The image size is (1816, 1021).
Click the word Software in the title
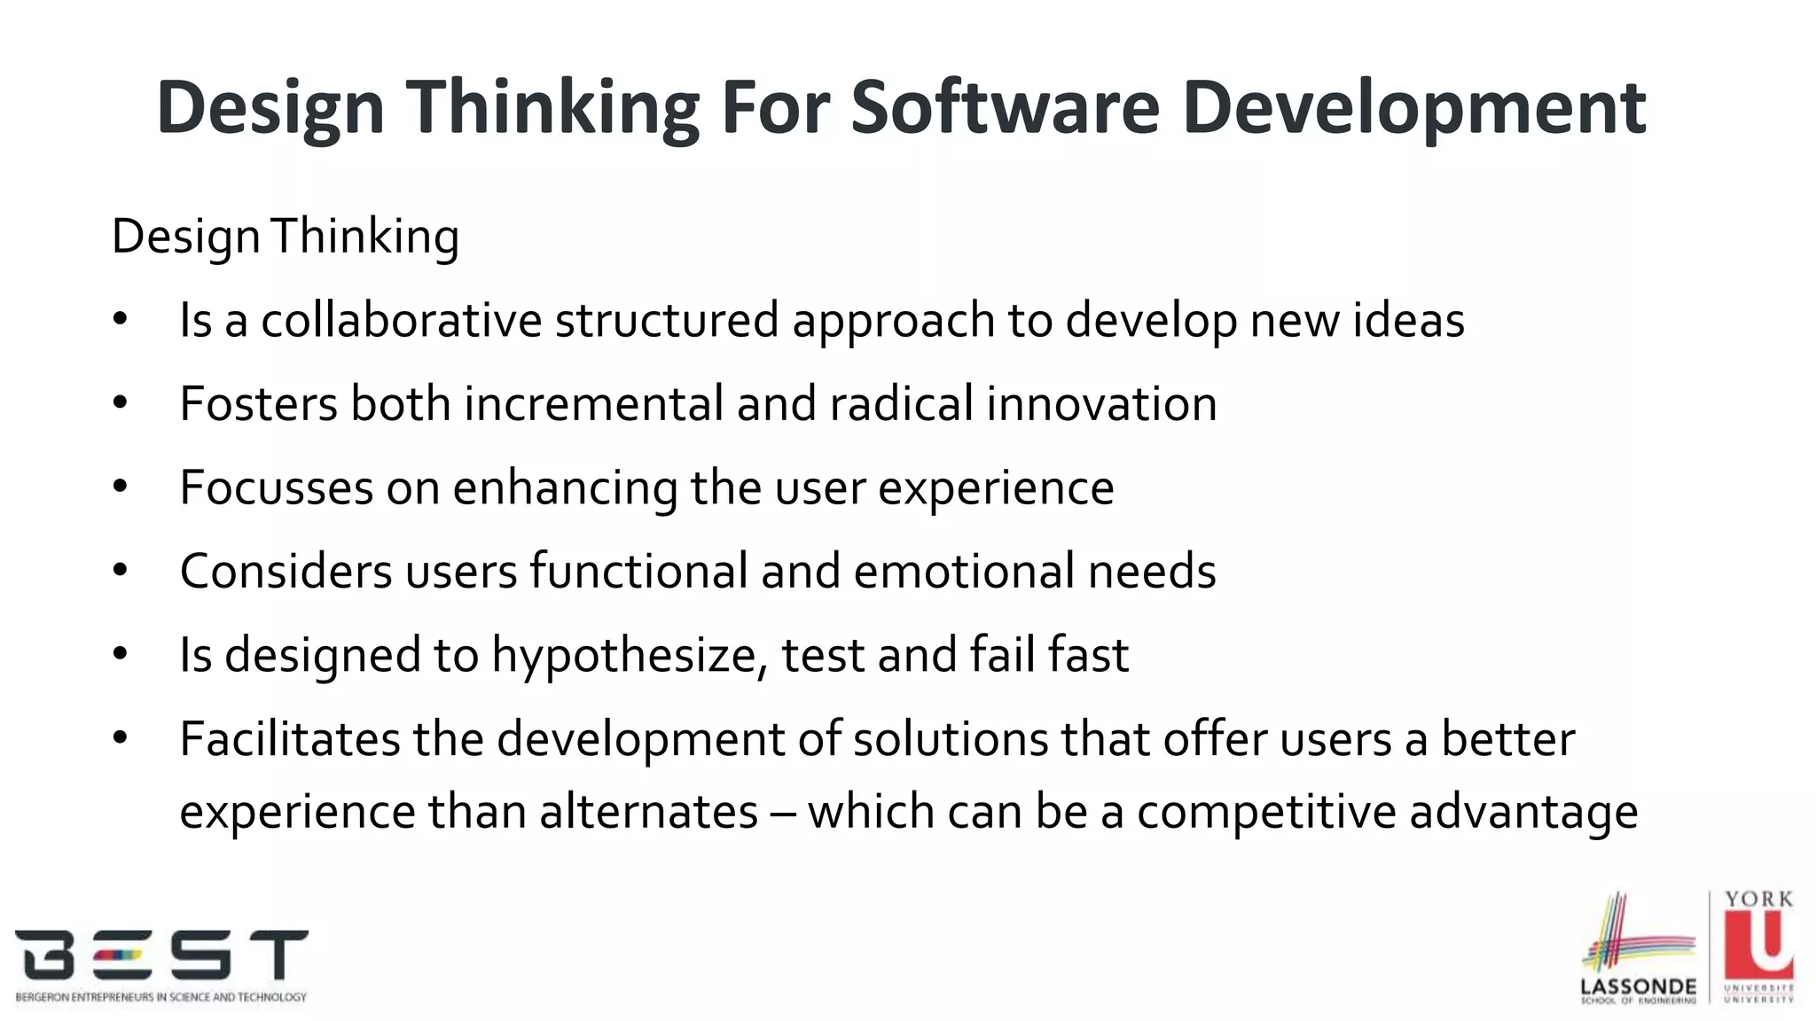click(1005, 107)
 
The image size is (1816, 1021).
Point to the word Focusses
click(276, 487)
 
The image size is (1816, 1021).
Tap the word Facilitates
click(289, 739)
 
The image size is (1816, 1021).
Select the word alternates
click(648, 812)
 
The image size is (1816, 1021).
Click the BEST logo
click(161, 965)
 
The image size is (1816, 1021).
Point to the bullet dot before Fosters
click(121, 403)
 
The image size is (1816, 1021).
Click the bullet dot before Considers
click(121, 571)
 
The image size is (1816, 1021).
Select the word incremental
click(593, 403)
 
